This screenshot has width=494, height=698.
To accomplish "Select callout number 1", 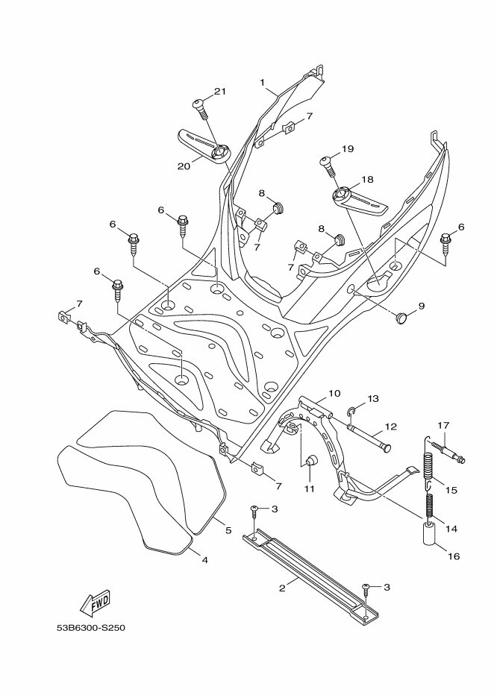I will click(x=263, y=81).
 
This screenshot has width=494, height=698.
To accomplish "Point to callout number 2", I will click(x=282, y=588).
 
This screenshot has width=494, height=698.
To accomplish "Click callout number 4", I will click(x=204, y=559).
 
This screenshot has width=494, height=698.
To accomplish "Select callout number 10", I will click(x=334, y=392).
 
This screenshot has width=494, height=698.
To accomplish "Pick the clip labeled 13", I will click(x=354, y=410).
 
